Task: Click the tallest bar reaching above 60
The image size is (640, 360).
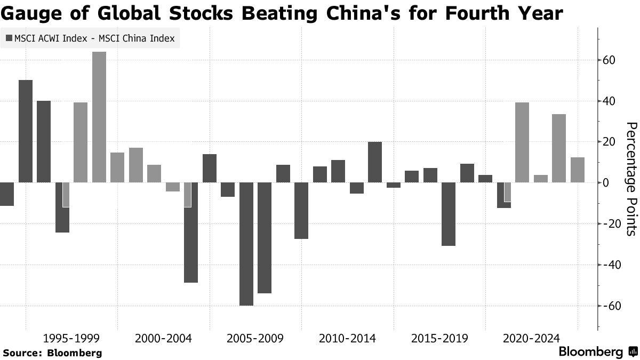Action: [99, 117]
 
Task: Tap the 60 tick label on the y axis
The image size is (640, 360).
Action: [610, 60]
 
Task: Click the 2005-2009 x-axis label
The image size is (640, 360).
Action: [254, 339]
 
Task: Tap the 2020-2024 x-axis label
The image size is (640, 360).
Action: [531, 339]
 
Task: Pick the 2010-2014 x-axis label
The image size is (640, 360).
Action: [347, 339]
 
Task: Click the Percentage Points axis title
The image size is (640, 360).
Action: [631, 179]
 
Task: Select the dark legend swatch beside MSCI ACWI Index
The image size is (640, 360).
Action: [10, 38]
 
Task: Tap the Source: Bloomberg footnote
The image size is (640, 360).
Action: [52, 353]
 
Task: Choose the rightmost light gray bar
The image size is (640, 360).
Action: [578, 170]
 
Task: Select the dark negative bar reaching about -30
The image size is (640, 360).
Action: [449, 214]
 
